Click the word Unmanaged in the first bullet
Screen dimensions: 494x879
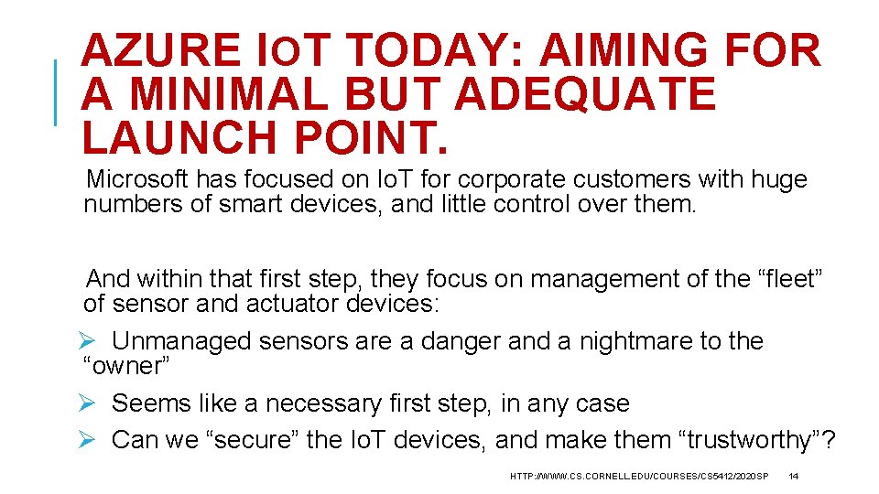tap(181, 341)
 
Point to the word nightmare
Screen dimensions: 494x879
tap(624, 341)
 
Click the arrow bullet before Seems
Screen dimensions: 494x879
tap(87, 403)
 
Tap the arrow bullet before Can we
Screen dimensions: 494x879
tap(87, 440)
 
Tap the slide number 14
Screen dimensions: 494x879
tap(794, 477)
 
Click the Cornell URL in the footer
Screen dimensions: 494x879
tap(639, 477)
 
